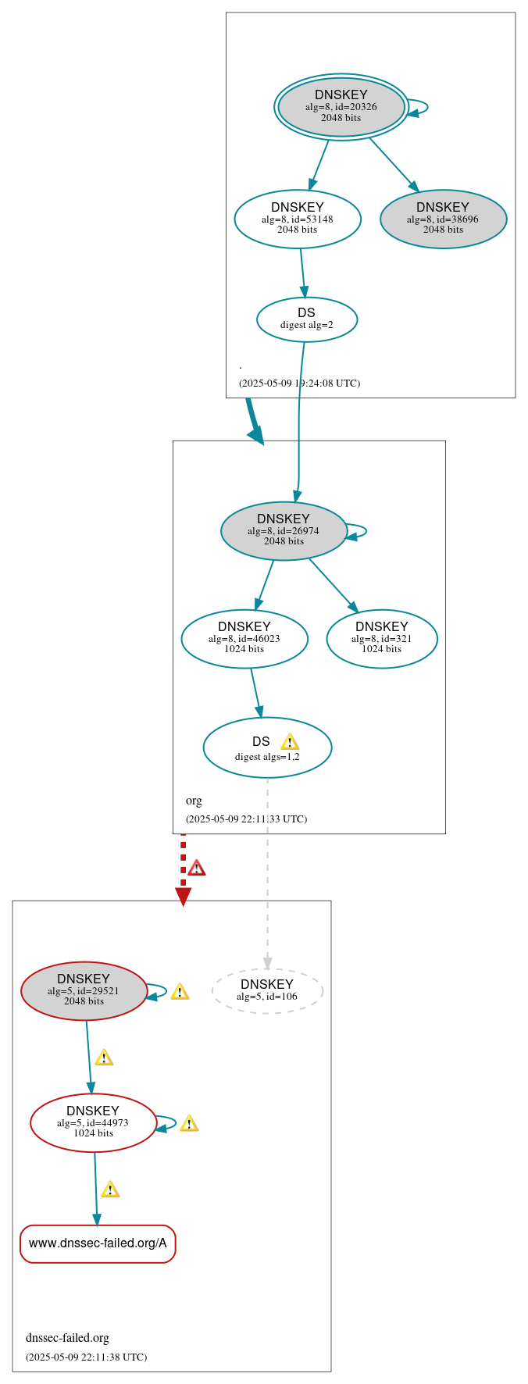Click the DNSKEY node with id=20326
pos(341,106)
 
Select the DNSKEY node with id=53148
pos(298,219)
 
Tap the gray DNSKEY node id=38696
pos(443,219)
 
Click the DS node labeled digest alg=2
pos(307,319)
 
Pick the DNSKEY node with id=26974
pos(284,530)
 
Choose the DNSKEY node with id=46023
pos(244,638)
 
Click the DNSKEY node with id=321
pos(382,638)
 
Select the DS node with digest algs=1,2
pos(267,747)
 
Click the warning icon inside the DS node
pos(290,741)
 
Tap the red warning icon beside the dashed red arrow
pos(197,868)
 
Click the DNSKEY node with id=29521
pos(84,990)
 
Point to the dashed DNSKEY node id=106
pos(267,990)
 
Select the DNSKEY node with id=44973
pos(93,1122)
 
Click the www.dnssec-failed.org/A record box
pos(98,1243)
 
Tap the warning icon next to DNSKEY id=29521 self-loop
pos(180,991)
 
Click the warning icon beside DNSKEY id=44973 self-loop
pos(189,1123)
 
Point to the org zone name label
pos(194,801)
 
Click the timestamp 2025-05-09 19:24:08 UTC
pos(299,383)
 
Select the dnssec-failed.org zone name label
pos(67,1338)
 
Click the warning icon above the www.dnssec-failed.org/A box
pos(110,1189)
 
